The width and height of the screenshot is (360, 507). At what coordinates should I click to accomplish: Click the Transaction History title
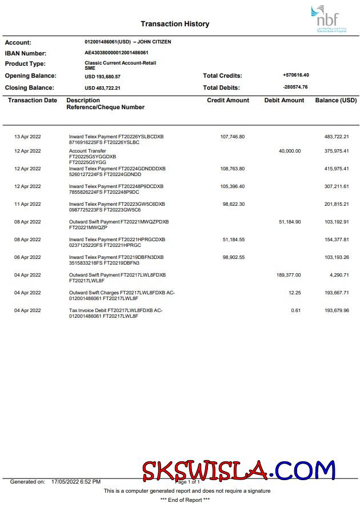point(175,24)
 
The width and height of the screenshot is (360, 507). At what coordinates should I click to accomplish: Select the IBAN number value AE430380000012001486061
point(117,53)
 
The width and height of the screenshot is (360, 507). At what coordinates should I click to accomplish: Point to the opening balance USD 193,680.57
point(102,76)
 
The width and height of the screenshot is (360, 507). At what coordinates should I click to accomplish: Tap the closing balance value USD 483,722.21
point(102,88)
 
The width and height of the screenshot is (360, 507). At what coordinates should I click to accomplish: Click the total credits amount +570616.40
point(295,75)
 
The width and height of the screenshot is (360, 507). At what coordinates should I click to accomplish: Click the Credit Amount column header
point(228,100)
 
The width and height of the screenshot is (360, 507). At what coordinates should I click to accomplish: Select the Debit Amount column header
point(284,100)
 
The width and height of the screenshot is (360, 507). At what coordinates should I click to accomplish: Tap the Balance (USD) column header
point(335,100)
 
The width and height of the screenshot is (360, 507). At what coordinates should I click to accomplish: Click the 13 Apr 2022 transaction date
point(27,137)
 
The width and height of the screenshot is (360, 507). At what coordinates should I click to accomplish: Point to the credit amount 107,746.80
point(232,137)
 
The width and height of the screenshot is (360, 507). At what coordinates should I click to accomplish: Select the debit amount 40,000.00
point(289,151)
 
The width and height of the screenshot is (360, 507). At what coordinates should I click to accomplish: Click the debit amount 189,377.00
point(288,275)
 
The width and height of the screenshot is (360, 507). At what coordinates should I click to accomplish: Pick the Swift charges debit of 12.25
point(294,293)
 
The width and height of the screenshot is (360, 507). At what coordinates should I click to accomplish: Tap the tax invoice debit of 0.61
point(295,310)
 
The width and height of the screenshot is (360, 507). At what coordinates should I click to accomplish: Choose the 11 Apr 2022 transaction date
point(27,204)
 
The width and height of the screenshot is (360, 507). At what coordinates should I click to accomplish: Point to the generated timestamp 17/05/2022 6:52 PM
point(75,482)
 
